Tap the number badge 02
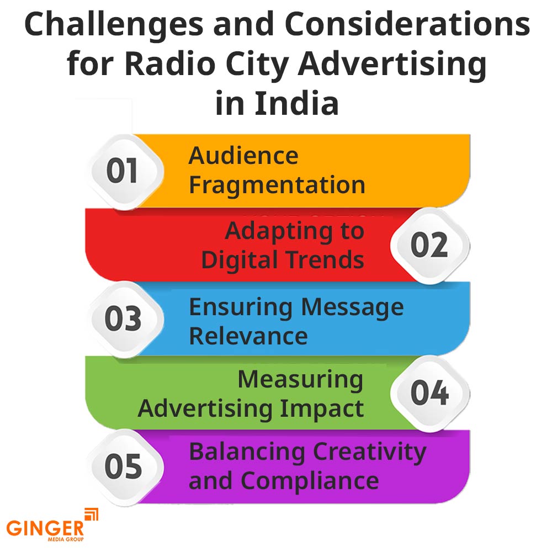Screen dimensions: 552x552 pyautogui.click(x=429, y=246)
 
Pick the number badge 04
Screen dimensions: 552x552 pyautogui.click(x=429, y=393)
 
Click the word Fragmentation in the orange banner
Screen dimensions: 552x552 pyautogui.click(x=278, y=185)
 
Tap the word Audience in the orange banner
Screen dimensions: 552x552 pyautogui.click(x=243, y=156)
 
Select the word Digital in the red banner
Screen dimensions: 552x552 pyautogui.click(x=240, y=261)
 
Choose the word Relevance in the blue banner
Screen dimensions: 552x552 pyautogui.click(x=248, y=336)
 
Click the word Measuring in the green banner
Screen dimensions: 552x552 pyautogui.click(x=300, y=380)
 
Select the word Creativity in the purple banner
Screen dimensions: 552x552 pyautogui.click(x=369, y=453)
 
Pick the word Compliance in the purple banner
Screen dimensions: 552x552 pyautogui.click(x=310, y=482)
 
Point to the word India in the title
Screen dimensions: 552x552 pyautogui.click(x=296, y=103)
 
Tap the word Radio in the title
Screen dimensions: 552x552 pyautogui.click(x=171, y=63)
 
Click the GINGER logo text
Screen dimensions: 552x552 pyautogui.click(x=45, y=528)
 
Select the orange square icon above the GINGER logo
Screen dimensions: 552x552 pyautogui.click(x=92, y=514)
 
